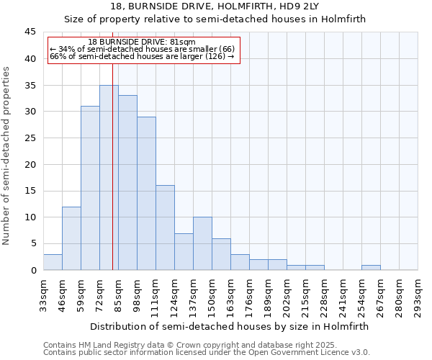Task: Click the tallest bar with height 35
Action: pyautogui.click(x=109, y=177)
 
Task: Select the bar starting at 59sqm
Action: pyautogui.click(x=90, y=188)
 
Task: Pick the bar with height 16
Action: pyautogui.click(x=165, y=228)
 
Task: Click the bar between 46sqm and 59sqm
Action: pyautogui.click(x=71, y=238)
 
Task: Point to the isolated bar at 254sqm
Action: pyautogui.click(x=371, y=267)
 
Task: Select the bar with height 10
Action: pyautogui.click(x=202, y=243)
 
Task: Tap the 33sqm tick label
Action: pyautogui.click(x=43, y=293)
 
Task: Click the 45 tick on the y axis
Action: pyautogui.click(x=30, y=32)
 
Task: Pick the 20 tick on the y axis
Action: pyautogui.click(x=30, y=164)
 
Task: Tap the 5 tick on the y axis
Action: pyautogui.click(x=33, y=243)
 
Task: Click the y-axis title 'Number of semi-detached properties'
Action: pyautogui.click(x=7, y=156)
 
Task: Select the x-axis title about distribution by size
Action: pyautogui.click(x=230, y=326)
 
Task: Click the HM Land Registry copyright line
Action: pyautogui.click(x=175, y=345)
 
